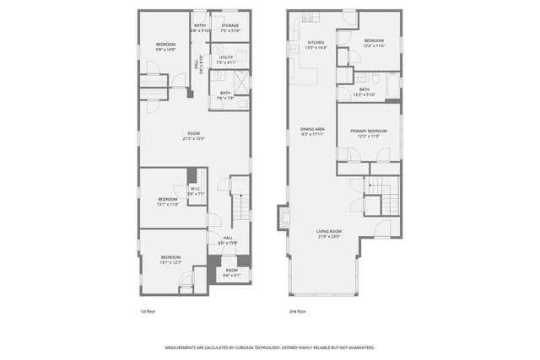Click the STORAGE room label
pyautogui.click(x=230, y=26)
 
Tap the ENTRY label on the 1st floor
pyautogui.click(x=201, y=26)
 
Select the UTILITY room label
pyautogui.click(x=225, y=58)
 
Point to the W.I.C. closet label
pyautogui.click(x=195, y=189)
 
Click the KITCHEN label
pyautogui.click(x=316, y=42)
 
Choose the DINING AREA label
pyautogui.click(x=312, y=129)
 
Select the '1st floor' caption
pyautogui.click(x=148, y=310)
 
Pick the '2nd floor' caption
pyautogui.click(x=296, y=310)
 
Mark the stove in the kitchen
pyautogui.click(x=308, y=17)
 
